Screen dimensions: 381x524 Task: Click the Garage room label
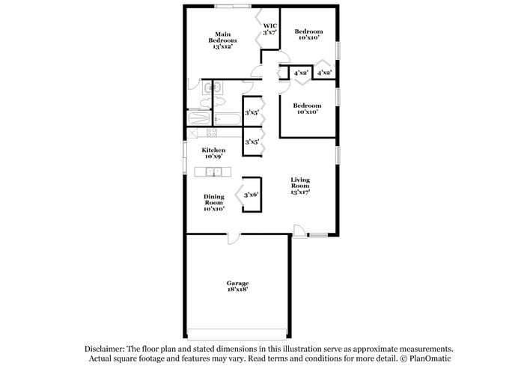tap(237, 282)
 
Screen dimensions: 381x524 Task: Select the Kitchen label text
tap(213, 150)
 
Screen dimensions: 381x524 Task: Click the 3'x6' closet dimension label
tap(251, 195)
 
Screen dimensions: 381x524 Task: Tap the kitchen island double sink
tap(213, 172)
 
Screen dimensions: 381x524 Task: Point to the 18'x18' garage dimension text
tap(237, 288)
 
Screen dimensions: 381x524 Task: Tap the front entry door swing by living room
tap(299, 231)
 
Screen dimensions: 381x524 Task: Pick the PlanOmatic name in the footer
tap(429, 359)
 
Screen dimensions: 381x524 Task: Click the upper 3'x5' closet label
tap(252, 113)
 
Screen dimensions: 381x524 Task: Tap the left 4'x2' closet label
tap(301, 73)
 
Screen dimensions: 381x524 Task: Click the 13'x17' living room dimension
tap(300, 192)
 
